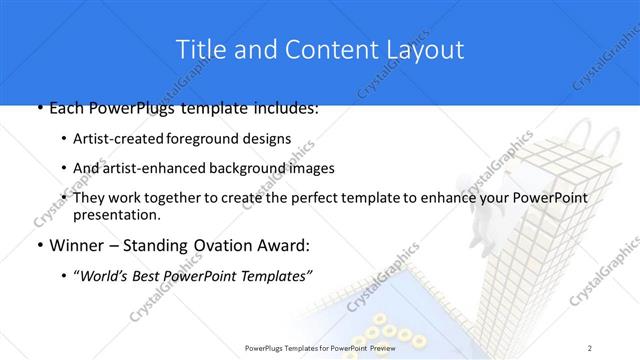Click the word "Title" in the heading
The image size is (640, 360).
pos(198,49)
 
